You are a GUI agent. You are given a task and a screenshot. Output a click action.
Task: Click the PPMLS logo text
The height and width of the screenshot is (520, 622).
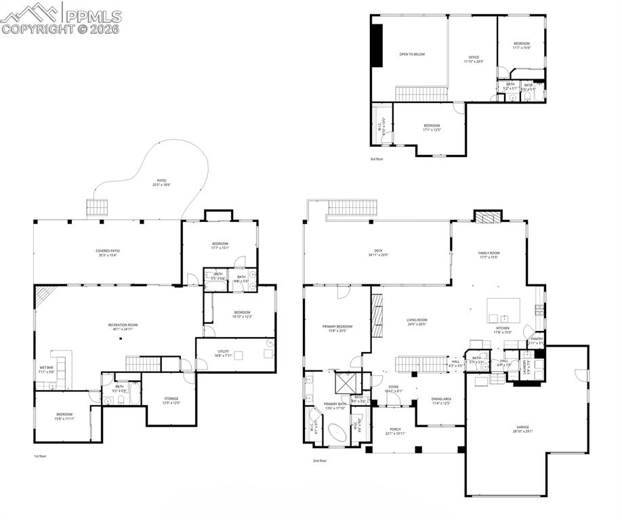point(94,15)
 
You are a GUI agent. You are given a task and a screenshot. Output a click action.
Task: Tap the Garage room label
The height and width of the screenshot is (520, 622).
point(522,427)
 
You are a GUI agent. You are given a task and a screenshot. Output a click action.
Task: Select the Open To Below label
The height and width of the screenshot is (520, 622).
point(412,54)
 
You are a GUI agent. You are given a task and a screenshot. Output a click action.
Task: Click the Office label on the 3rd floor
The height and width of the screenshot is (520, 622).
point(474,57)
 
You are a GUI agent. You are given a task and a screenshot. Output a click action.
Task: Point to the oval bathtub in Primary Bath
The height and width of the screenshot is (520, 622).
point(337,434)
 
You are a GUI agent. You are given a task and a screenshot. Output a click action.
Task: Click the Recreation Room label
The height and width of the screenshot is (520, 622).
point(123,325)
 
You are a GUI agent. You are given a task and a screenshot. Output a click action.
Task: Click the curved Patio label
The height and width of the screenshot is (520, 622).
point(160,181)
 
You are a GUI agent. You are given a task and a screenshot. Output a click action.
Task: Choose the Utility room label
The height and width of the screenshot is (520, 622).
point(223,351)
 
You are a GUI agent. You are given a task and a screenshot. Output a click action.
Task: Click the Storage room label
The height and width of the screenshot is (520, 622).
point(170,399)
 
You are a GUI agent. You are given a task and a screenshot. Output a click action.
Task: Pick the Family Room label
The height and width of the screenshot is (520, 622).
point(489,253)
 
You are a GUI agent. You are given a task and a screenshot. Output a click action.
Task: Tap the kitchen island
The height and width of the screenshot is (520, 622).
point(503,311)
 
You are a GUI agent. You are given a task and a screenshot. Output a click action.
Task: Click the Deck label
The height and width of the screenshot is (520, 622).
point(377,251)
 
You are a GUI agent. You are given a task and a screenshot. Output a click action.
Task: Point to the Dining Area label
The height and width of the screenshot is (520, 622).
point(441,399)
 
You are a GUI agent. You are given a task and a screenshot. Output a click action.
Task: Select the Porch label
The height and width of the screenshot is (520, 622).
point(395,429)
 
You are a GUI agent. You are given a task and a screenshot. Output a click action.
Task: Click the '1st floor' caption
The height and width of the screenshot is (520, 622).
point(41,456)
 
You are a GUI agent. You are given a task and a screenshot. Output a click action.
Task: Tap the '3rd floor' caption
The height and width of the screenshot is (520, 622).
point(377,159)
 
